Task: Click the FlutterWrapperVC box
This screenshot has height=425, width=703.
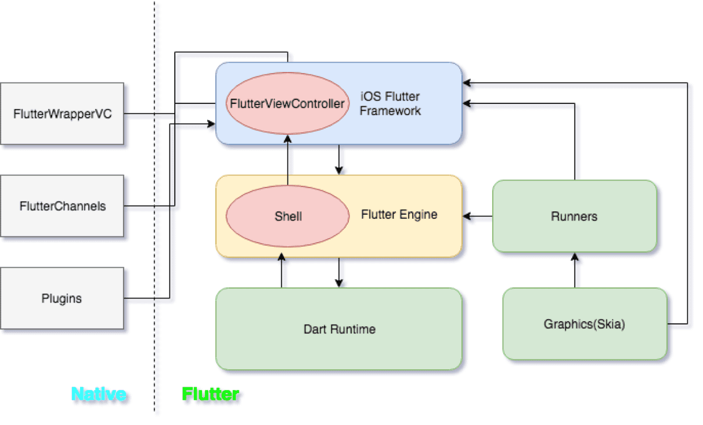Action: coord(62,114)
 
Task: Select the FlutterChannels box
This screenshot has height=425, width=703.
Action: coord(62,206)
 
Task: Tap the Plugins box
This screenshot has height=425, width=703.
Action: coord(62,298)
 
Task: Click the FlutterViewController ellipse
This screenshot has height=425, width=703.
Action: coord(287,105)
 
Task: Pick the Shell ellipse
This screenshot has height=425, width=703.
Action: coord(288,216)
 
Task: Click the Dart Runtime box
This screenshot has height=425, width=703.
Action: coord(339,329)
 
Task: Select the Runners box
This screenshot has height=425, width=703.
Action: coord(574,216)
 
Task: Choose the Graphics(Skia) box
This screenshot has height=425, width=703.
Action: coord(584,324)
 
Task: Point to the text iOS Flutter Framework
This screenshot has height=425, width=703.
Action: coord(390,103)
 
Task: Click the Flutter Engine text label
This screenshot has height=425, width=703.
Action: coord(399,215)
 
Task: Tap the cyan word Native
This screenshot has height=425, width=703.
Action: coord(99,394)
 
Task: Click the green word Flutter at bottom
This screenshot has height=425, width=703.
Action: coord(210,394)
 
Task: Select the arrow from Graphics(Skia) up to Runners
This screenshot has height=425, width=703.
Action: coord(575,271)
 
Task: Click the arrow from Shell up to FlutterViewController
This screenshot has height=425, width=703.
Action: coord(288,160)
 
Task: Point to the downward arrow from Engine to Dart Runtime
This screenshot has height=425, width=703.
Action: coord(338,272)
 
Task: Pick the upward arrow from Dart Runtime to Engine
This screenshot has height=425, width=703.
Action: coord(282,271)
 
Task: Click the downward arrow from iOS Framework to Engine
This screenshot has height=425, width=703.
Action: coord(338,160)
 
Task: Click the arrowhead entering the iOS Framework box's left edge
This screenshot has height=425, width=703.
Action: coord(211,124)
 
